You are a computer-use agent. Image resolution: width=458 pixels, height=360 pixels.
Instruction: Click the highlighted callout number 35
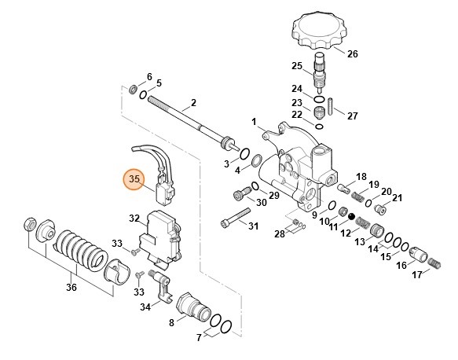(x=134, y=180)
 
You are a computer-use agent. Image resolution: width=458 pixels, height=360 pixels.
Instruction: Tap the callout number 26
(x=352, y=54)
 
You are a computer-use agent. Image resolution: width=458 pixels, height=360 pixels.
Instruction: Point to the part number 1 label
(x=255, y=122)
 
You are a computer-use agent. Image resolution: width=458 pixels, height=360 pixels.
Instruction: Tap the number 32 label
(x=134, y=218)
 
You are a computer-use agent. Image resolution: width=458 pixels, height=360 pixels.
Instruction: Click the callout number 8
(x=171, y=322)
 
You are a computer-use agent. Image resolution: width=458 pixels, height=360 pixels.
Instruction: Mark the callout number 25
(x=297, y=65)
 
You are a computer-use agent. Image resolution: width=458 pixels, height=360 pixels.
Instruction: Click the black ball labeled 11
(x=351, y=215)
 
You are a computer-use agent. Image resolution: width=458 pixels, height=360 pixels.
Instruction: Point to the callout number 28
(x=280, y=234)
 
